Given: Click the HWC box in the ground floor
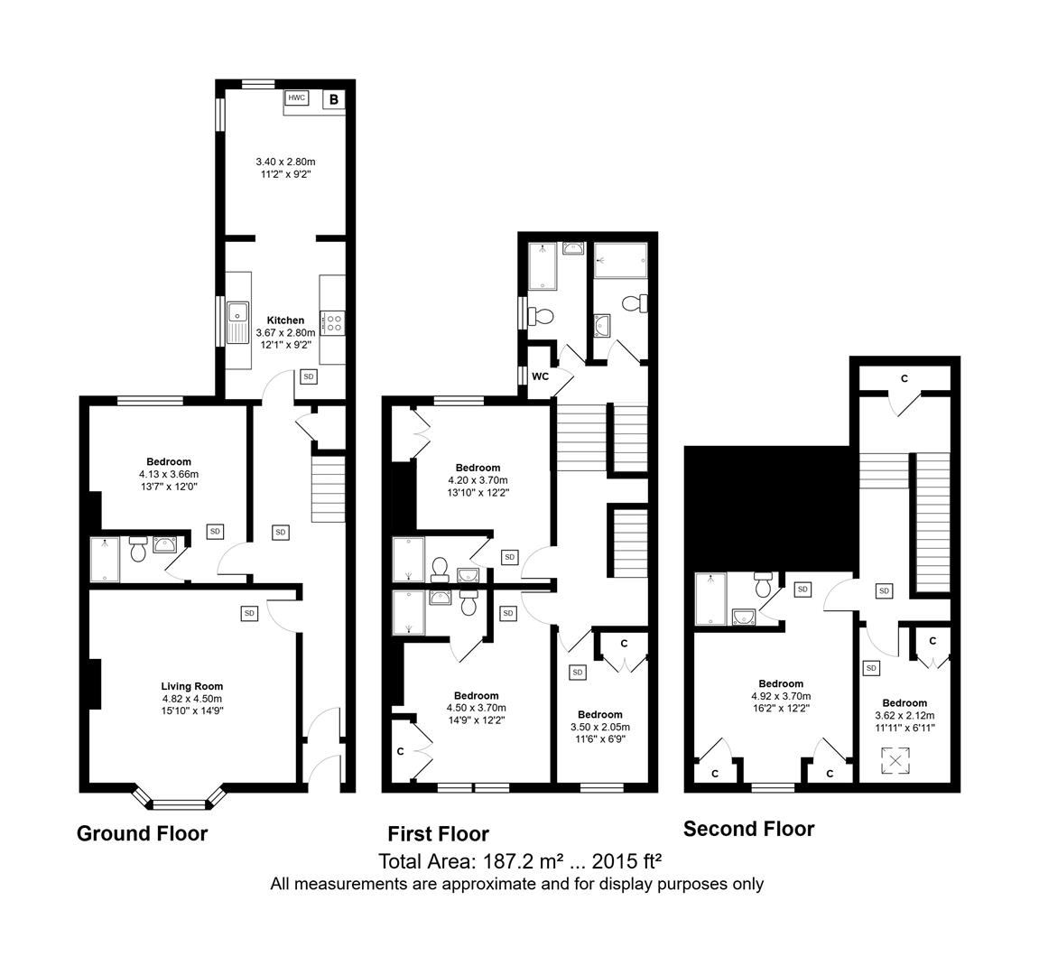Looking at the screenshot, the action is point(296,98).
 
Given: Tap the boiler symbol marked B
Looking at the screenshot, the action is point(334,99).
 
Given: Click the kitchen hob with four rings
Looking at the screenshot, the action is point(332,323).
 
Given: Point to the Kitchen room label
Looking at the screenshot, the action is point(285,320).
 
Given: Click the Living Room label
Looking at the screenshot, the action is point(192,686).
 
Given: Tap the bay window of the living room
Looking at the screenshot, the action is point(181,799).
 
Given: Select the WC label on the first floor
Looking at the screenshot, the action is point(541,376).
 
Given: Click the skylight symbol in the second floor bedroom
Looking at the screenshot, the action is point(895,760).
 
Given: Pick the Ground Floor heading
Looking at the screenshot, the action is point(143,833).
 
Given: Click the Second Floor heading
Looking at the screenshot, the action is point(748,829).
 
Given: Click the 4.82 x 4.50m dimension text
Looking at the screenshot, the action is point(192,699).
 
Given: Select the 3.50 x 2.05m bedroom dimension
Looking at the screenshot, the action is point(600,727).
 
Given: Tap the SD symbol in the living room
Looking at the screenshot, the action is point(249,613).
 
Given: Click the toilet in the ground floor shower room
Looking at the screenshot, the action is point(138,548).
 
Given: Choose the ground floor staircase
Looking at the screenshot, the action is point(329,488).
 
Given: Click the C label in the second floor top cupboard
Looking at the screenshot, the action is point(904,378).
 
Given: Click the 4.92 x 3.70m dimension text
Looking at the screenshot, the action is point(781,696).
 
